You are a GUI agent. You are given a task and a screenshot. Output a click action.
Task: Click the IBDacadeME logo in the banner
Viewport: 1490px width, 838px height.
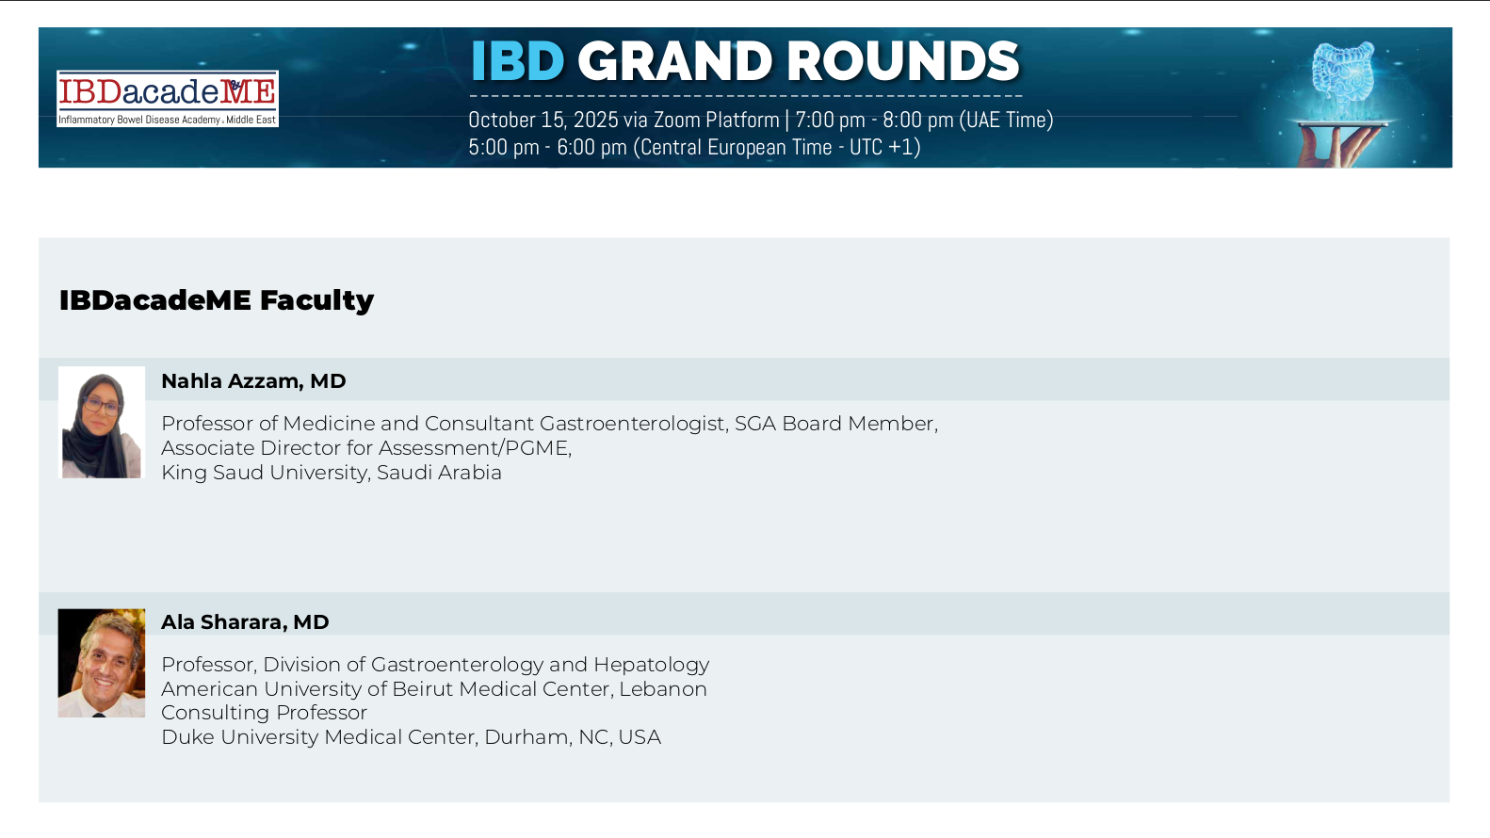tap(168, 99)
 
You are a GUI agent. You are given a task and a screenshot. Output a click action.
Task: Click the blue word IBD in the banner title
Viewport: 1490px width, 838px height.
tap(517, 61)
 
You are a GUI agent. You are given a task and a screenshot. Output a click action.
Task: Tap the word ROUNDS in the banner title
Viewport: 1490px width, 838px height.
tap(903, 61)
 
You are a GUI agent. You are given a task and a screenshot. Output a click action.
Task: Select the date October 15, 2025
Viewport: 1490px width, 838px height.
tap(543, 121)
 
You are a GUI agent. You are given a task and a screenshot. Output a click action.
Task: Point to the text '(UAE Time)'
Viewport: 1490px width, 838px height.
tap(1006, 121)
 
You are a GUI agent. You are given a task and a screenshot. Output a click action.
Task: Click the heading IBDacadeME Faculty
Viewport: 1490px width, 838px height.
tap(217, 300)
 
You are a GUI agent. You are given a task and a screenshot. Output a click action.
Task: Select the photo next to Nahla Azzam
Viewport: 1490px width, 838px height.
tap(101, 423)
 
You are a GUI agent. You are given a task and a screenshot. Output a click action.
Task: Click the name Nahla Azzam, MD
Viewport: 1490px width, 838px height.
tap(253, 381)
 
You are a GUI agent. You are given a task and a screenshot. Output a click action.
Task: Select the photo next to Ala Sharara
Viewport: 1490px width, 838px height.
tap(101, 663)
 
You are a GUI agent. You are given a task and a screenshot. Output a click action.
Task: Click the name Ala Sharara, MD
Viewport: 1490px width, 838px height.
tap(245, 621)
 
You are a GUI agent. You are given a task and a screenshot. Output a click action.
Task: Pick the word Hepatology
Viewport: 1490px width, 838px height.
tap(651, 665)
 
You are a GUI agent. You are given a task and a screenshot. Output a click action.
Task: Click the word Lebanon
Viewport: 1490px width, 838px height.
tap(662, 689)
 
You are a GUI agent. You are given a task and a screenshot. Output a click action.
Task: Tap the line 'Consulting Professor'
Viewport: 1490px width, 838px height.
tap(264, 713)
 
